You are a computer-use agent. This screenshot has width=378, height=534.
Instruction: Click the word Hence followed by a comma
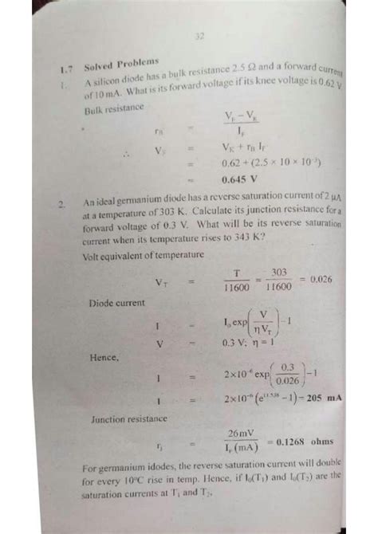coord(108,359)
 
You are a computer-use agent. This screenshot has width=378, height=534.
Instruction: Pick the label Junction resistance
coord(128,418)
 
